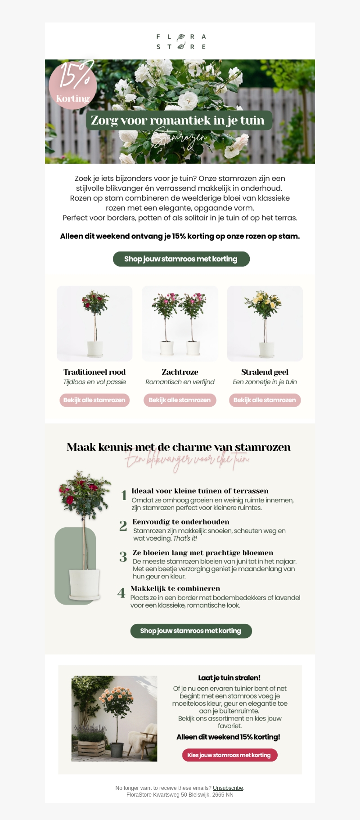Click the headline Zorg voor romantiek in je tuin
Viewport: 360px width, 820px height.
click(179, 121)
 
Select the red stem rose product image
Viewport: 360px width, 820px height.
click(94, 323)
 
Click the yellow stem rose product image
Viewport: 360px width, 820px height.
click(265, 323)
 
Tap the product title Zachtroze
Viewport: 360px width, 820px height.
click(180, 372)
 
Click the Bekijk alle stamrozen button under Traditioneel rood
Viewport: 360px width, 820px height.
click(94, 400)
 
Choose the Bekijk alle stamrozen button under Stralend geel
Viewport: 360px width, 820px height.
click(265, 400)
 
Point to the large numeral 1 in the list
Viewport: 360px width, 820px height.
click(124, 496)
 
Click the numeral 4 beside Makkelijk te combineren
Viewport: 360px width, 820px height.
click(121, 593)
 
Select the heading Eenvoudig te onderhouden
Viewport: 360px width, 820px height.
click(181, 522)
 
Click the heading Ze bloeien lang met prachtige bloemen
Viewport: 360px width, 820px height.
click(203, 553)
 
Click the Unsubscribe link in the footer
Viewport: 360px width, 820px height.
click(228, 788)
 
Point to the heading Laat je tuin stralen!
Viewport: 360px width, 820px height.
click(229, 678)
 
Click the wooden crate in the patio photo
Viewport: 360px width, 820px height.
click(92, 747)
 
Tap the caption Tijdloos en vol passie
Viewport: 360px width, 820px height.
click(94, 382)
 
